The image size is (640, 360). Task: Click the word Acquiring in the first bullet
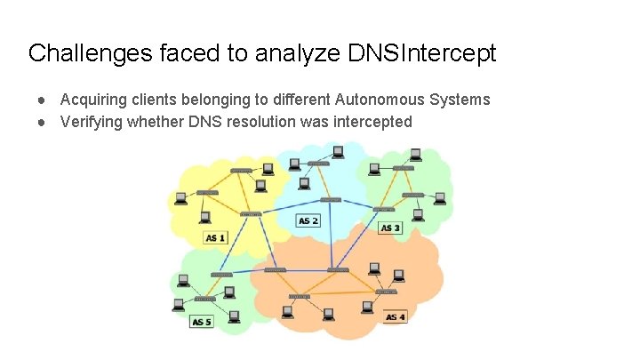point(92,100)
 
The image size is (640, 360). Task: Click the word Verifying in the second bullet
point(89,121)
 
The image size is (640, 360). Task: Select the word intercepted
point(373,121)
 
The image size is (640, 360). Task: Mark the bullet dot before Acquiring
point(42,100)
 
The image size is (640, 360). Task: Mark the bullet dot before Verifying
point(42,121)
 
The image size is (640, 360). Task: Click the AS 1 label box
point(216,237)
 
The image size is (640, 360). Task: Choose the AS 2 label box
point(308,220)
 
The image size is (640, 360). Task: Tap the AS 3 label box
point(391,228)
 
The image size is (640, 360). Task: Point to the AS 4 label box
point(396,317)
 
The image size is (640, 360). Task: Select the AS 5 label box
point(203,322)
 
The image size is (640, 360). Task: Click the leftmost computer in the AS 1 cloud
point(180,198)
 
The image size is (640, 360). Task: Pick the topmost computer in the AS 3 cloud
point(414,155)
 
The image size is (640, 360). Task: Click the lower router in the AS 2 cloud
point(330,200)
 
